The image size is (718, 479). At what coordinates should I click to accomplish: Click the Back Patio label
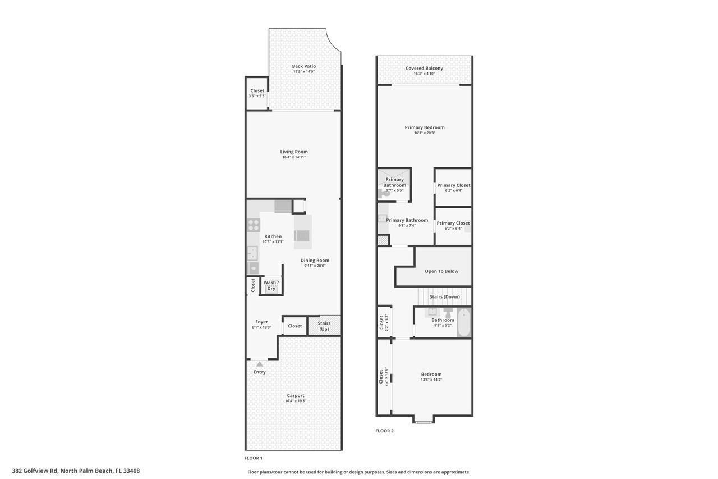click(x=303, y=66)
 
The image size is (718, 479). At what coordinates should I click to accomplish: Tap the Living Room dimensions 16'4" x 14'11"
click(x=294, y=157)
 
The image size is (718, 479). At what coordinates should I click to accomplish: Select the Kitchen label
click(x=273, y=236)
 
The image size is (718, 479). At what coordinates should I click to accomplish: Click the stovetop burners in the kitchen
click(x=254, y=225)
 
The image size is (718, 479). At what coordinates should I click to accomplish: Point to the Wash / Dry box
click(x=271, y=285)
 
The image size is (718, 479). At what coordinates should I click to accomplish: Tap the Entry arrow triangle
click(x=260, y=364)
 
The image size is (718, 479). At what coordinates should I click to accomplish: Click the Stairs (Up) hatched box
click(x=324, y=326)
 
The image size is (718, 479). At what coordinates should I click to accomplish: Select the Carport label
click(x=296, y=395)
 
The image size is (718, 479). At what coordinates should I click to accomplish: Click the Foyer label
click(x=261, y=322)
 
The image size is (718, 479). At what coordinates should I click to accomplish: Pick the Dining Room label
click(x=315, y=260)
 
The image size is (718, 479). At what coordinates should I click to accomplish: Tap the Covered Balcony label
click(x=425, y=68)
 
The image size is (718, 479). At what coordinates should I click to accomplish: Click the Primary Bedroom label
click(x=425, y=127)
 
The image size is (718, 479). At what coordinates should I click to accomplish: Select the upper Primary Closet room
click(x=453, y=187)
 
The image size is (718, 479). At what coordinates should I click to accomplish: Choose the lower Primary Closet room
click(x=453, y=226)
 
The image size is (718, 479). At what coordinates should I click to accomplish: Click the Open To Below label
click(x=441, y=271)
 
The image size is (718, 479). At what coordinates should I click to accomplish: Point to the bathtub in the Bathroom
click(x=463, y=323)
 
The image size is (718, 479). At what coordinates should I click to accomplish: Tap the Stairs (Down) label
click(x=445, y=296)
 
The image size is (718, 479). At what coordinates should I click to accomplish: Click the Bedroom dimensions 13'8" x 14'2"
click(x=431, y=380)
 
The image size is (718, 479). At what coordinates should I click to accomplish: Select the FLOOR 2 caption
click(x=384, y=431)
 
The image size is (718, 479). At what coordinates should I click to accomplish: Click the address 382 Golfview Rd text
click(x=76, y=471)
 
